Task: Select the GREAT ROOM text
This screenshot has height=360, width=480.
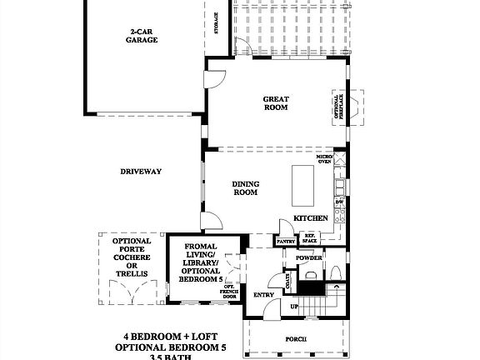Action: pos(276,102)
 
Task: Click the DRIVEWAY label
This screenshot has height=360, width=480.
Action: pos(140,172)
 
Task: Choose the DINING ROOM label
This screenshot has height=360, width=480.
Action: pos(244,188)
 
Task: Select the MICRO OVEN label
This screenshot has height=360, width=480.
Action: pos(324,159)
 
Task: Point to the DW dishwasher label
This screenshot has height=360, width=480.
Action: pos(339,202)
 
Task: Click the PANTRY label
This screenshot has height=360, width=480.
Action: pos(286,242)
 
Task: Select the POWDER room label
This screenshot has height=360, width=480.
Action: pos(308,257)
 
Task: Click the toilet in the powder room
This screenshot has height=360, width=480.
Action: pos(333,273)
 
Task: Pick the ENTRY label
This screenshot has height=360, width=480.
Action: pos(264,294)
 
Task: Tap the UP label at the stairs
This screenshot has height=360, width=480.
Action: pos(292,306)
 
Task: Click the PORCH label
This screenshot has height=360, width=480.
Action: pos(295,339)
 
